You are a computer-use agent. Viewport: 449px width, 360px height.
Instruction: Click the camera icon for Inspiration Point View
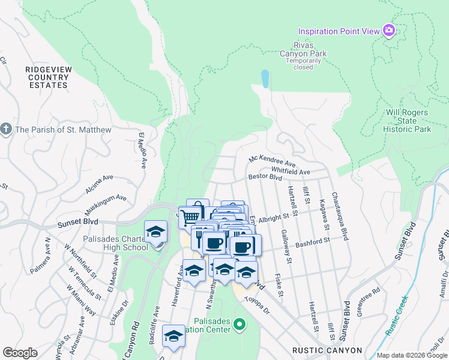(389, 30)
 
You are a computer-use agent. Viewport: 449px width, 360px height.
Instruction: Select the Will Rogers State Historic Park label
(407, 121)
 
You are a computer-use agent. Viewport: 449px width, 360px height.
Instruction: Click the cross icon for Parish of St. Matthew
(6, 130)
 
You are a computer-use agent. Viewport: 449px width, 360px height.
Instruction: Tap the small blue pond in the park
(265, 78)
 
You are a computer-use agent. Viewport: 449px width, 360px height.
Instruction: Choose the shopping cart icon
(190, 216)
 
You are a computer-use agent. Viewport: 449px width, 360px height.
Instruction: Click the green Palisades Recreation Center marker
(240, 325)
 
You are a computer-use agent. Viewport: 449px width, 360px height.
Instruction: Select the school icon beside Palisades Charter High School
(156, 232)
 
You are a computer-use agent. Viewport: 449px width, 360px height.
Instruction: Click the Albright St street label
(279, 215)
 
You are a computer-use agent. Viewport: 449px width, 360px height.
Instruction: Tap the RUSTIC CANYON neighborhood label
(327, 350)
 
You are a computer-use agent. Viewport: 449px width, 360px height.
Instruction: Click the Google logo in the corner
(20, 352)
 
